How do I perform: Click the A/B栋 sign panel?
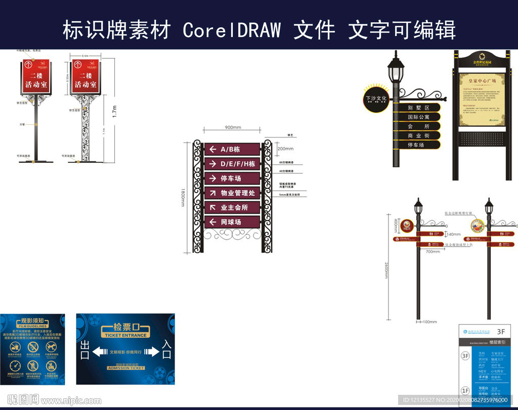coord(232,149)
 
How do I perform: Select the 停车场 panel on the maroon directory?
coord(232,178)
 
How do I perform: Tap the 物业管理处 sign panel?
coord(232,193)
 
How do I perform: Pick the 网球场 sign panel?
coord(232,222)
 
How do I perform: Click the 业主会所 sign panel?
coord(232,207)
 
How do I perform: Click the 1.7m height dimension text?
coord(114,112)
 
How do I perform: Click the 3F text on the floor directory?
coord(501,332)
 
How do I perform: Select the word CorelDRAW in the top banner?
coord(232,30)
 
